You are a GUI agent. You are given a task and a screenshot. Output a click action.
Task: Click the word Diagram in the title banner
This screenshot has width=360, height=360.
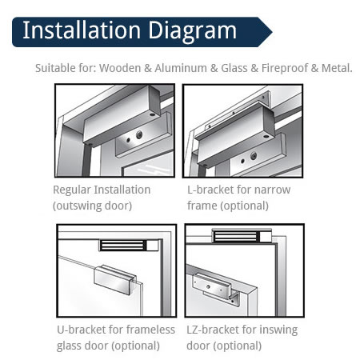click(x=192, y=31)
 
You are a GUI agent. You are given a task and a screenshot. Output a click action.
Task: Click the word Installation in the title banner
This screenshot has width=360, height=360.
click(x=82, y=30)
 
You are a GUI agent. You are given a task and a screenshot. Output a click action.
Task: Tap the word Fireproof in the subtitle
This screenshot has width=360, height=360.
click(x=285, y=69)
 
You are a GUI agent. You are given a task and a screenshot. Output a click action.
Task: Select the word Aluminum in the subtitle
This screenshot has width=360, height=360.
click(x=181, y=68)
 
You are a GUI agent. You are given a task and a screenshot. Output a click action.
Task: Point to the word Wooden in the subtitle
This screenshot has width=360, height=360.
click(x=120, y=68)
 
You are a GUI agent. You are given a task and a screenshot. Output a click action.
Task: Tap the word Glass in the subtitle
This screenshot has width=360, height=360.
click(x=234, y=68)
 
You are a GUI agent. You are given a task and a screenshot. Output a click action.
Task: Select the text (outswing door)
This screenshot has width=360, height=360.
click(x=92, y=206)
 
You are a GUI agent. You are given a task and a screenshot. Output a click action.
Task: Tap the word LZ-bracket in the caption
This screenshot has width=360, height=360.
click(x=213, y=330)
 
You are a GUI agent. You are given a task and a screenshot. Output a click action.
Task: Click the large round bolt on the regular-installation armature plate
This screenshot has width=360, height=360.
click(x=139, y=135)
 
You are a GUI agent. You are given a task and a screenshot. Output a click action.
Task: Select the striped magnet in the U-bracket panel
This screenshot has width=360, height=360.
click(x=123, y=246)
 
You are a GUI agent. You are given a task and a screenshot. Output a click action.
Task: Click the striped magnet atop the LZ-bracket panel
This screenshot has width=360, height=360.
click(x=235, y=237)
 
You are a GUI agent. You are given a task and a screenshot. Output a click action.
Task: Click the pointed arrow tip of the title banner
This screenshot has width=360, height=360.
click(x=272, y=32)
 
